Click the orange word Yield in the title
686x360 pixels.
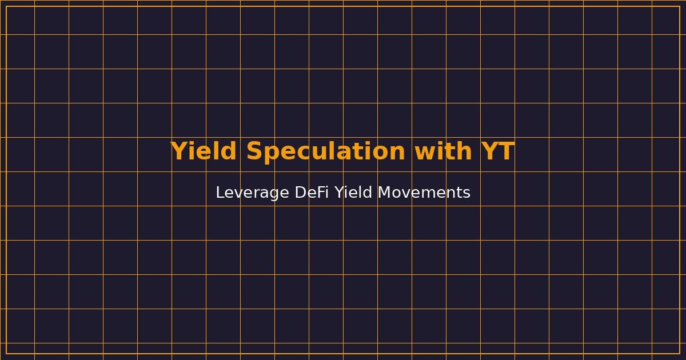(x=204, y=152)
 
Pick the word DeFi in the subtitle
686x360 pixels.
(x=312, y=193)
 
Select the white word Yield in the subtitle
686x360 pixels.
(x=354, y=193)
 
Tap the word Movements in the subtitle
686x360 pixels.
(x=424, y=193)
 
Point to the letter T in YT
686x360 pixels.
(x=506, y=152)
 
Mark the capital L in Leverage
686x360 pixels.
(x=220, y=193)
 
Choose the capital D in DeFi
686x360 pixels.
(x=301, y=193)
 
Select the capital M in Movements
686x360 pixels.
(x=385, y=193)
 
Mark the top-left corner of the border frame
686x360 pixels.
(x=6, y=6)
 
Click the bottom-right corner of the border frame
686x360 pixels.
(x=680, y=354)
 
